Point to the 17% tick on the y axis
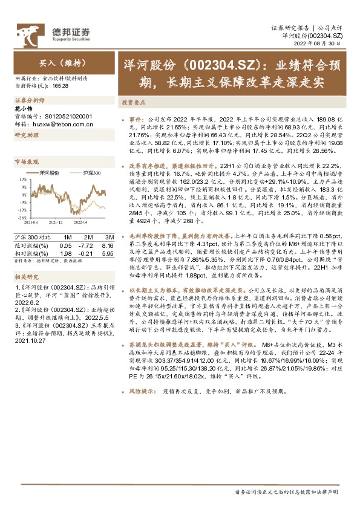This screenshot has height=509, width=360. click(22, 180)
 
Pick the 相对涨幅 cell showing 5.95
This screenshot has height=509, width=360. click(108, 253)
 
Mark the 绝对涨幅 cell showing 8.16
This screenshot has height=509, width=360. click(108, 245)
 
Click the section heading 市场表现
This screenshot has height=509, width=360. click(26, 162)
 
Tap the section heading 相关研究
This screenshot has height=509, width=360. click(26, 274)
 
